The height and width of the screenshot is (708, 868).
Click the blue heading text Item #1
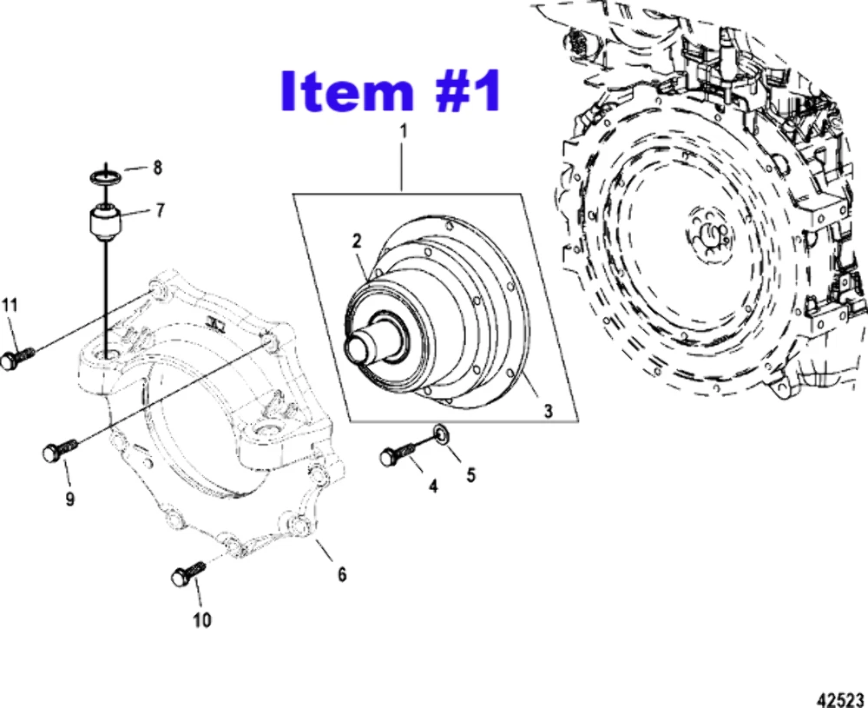(x=390, y=91)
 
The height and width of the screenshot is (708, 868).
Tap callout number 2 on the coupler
(x=356, y=241)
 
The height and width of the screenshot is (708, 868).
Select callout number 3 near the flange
(x=548, y=411)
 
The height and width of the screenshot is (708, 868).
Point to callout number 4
(x=431, y=486)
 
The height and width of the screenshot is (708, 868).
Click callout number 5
(x=470, y=474)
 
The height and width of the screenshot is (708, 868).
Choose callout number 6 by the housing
(x=341, y=574)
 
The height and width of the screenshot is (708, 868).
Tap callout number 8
(x=157, y=168)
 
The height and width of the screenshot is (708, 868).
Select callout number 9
(x=69, y=499)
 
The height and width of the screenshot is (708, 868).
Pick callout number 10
(x=201, y=620)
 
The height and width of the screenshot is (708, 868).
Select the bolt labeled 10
(x=187, y=573)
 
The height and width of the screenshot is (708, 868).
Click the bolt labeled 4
(x=395, y=454)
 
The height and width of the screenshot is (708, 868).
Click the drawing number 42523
(x=841, y=698)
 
